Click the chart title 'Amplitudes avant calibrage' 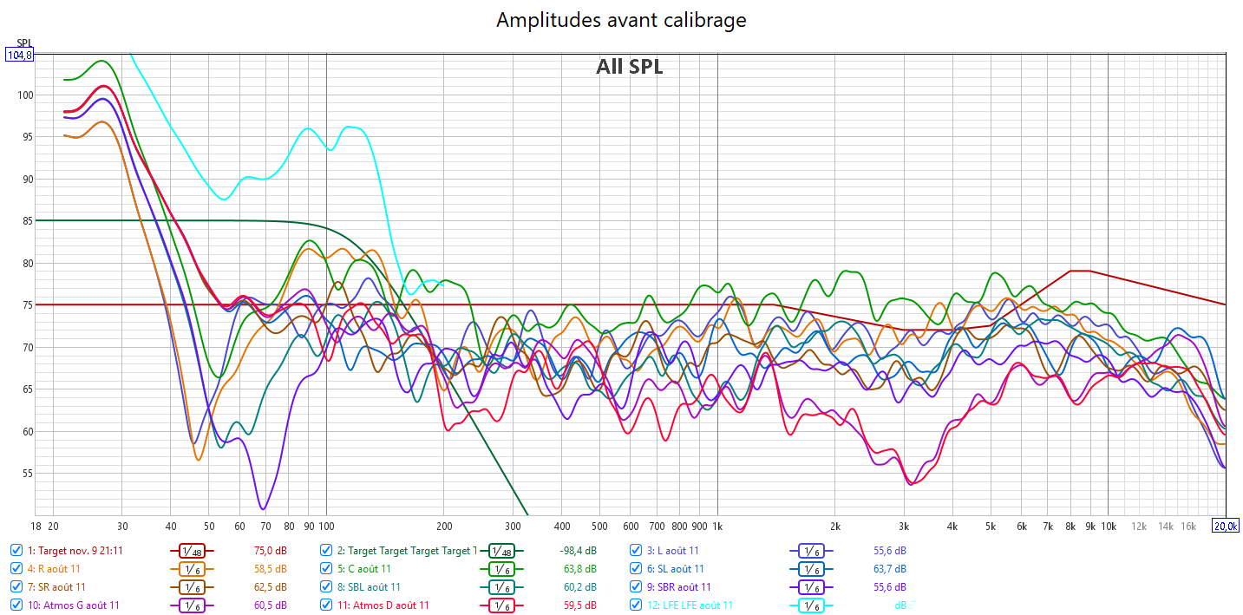(x=621, y=20)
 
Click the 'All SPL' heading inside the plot (x=629, y=67)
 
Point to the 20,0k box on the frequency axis (x=1226, y=526)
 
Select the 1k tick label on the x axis (x=717, y=526)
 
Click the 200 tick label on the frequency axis (x=444, y=526)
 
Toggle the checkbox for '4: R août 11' (x=16, y=569)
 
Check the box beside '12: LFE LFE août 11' (x=637, y=605)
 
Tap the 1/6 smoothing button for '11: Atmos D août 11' (x=500, y=605)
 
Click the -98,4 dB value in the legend (x=578, y=551)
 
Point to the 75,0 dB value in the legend (x=270, y=551)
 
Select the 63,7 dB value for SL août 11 (x=889, y=569)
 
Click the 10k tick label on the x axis (x=1109, y=526)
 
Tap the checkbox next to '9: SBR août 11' (x=637, y=587)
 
